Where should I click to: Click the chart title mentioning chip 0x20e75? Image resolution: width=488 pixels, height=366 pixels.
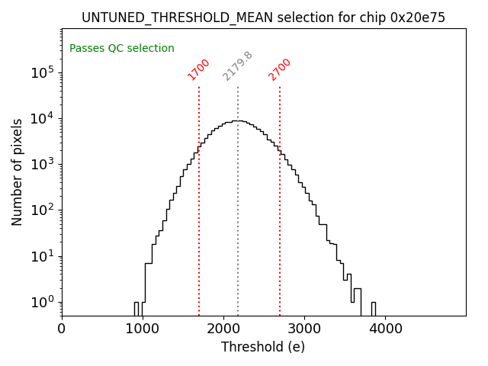point(263,18)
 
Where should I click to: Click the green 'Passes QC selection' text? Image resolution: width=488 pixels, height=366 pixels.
point(122,49)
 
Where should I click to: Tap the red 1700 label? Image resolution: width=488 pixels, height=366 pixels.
point(199,69)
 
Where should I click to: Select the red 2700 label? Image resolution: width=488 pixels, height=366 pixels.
point(280,69)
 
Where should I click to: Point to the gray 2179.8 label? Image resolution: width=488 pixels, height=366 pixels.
point(238,66)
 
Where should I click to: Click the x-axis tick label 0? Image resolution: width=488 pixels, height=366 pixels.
point(62,329)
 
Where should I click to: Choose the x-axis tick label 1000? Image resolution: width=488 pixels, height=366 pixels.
point(143,329)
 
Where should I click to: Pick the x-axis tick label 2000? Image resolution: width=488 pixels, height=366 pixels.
point(223,329)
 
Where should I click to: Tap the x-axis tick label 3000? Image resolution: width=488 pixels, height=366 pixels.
point(304,329)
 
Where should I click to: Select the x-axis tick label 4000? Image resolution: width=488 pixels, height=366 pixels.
point(385,329)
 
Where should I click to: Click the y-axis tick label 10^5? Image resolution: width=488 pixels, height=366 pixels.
point(43,73)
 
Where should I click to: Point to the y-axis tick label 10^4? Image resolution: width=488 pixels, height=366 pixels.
point(43,119)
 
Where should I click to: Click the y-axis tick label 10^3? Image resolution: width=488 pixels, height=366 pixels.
point(43,165)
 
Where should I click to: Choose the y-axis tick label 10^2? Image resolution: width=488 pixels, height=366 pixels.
point(43,210)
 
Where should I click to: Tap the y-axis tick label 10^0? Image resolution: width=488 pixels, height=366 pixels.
point(43,302)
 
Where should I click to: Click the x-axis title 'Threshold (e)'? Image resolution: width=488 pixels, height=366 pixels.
point(263,347)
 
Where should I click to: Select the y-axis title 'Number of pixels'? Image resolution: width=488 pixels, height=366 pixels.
point(18,172)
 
